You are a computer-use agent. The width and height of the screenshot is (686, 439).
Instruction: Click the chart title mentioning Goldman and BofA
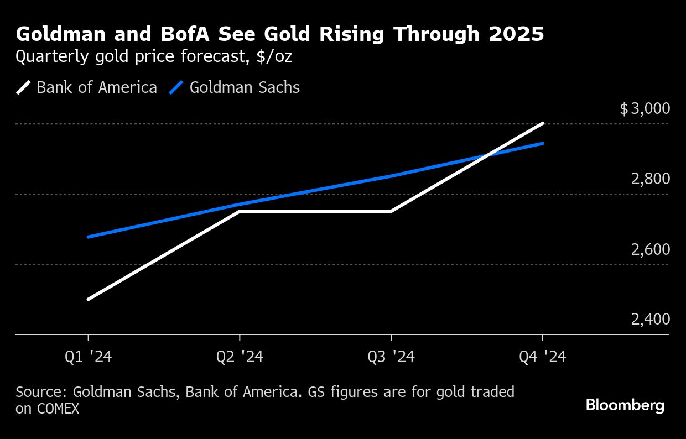pyautogui.click(x=280, y=34)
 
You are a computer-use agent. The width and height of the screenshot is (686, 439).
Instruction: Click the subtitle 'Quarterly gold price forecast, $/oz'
pyautogui.click(x=154, y=56)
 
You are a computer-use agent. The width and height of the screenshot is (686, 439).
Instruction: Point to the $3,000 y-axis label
pyautogui.click(x=645, y=108)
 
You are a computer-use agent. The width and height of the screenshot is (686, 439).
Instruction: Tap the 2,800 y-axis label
pyautogui.click(x=650, y=179)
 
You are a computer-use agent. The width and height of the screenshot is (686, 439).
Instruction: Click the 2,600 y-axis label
pyautogui.click(x=650, y=249)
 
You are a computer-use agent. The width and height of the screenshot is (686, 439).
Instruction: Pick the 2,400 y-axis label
pyautogui.click(x=650, y=320)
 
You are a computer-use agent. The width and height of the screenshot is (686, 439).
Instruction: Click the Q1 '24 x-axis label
pyautogui.click(x=89, y=358)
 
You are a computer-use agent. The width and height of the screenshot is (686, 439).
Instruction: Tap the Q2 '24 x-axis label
pyautogui.click(x=240, y=358)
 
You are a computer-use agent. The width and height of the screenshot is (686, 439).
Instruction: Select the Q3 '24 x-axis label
pyautogui.click(x=391, y=358)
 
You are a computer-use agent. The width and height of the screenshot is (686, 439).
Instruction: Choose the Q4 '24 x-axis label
pyautogui.click(x=542, y=358)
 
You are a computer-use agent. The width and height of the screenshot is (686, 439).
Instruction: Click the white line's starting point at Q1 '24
pyautogui.click(x=89, y=299)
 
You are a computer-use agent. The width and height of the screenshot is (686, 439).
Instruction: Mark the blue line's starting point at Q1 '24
pyautogui.click(x=89, y=237)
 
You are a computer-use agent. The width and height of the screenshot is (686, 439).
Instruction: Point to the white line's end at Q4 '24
pyautogui.click(x=543, y=123)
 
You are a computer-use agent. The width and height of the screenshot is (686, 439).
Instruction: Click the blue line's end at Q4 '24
pyautogui.click(x=543, y=143)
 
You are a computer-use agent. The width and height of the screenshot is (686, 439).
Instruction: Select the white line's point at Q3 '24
pyautogui.click(x=391, y=211)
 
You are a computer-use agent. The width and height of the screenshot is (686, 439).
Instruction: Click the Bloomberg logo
pyautogui.click(x=625, y=405)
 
